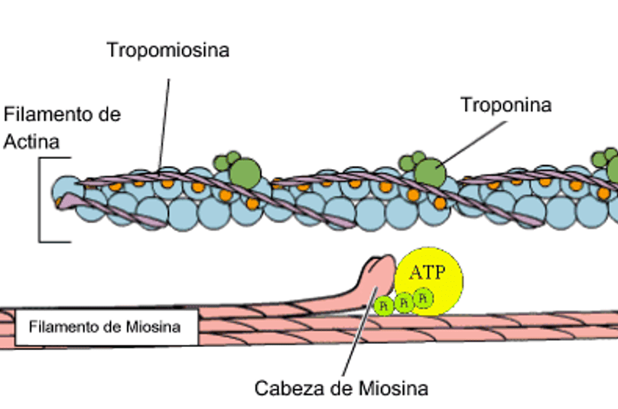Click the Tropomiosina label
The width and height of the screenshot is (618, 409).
168,50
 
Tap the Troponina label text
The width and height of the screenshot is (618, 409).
506,105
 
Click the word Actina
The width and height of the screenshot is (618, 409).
32,141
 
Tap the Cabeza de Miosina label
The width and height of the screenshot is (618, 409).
341,388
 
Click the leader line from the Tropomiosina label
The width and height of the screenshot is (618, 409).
164,115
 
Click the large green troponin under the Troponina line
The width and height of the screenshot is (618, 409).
429,171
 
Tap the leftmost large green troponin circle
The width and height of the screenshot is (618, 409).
245,170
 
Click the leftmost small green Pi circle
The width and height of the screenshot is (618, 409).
384,305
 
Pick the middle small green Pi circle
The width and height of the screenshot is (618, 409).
404,301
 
